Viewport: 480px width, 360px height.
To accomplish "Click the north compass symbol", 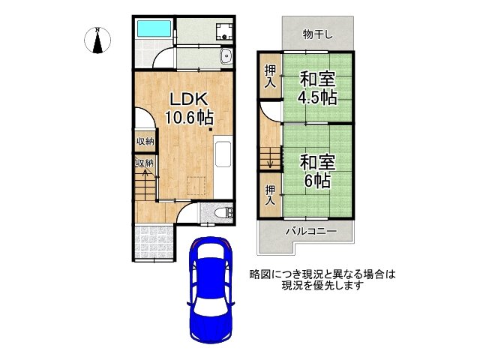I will click(x=97, y=40).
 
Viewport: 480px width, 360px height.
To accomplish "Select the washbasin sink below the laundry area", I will click(x=225, y=57).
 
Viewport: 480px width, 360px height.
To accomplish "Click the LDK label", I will click(x=189, y=99).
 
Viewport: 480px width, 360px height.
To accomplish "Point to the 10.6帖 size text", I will click(x=189, y=117).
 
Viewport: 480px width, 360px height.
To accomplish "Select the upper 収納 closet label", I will click(x=145, y=141).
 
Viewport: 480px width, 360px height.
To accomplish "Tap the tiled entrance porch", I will click(x=153, y=241).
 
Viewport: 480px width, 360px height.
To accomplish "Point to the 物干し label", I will click(x=317, y=34).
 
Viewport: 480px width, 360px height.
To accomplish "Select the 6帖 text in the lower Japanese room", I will click(x=318, y=180).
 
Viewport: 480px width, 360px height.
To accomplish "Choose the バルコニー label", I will click(x=310, y=232).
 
